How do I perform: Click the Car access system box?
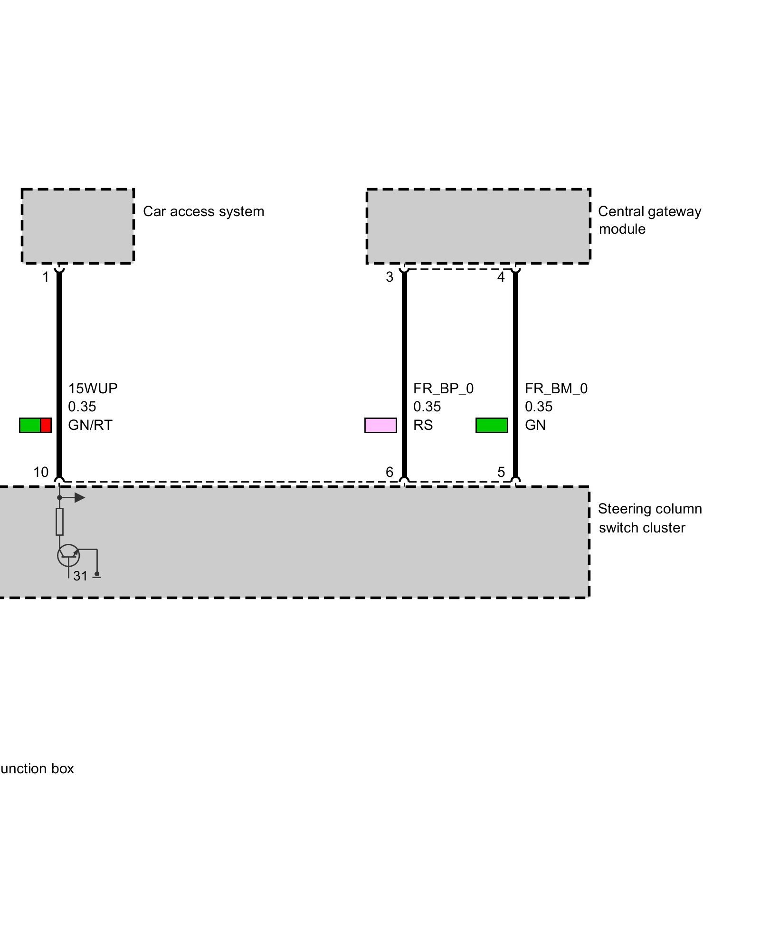[x=77, y=226]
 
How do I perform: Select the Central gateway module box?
[x=478, y=226]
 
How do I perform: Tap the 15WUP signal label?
[x=93, y=389]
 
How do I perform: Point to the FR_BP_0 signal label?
[x=443, y=389]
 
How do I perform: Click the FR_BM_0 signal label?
[x=556, y=389]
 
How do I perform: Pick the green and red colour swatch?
[x=35, y=425]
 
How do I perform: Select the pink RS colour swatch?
[x=380, y=425]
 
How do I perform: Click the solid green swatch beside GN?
[x=492, y=425]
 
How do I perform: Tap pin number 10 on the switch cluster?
[x=41, y=472]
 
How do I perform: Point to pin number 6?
[x=389, y=472]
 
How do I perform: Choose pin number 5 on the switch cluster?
[x=501, y=472]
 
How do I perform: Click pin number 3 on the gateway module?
[x=389, y=277]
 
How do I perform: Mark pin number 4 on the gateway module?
[x=501, y=277]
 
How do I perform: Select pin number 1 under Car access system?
[x=46, y=277]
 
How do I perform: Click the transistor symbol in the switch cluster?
[x=68, y=555]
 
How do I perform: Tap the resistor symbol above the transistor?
[x=59, y=522]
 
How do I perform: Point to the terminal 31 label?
[x=80, y=576]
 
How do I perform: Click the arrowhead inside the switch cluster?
[x=80, y=498]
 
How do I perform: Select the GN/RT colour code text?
[x=90, y=425]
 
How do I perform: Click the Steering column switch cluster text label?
[x=649, y=518]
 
